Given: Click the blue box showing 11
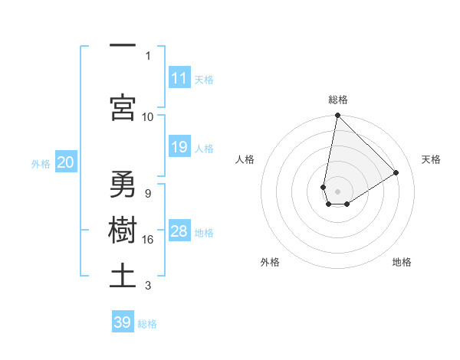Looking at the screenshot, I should [179, 77].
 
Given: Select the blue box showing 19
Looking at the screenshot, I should [179, 147].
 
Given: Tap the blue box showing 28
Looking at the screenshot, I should [179, 231].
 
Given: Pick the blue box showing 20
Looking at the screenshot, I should [66, 162].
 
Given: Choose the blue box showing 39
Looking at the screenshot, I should [123, 322].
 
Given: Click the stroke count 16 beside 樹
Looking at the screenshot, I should [149, 240].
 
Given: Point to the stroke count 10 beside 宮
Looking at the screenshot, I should [148, 116].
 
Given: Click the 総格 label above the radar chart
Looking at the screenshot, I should [338, 100].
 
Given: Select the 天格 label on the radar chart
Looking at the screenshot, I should [432, 159].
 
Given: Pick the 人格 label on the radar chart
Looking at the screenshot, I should [245, 159].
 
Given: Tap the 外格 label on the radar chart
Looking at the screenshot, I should [270, 262].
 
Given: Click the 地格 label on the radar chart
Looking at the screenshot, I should [402, 262].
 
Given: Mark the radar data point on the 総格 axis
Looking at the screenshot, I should [337, 116].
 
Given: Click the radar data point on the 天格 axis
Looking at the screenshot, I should [396, 172].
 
